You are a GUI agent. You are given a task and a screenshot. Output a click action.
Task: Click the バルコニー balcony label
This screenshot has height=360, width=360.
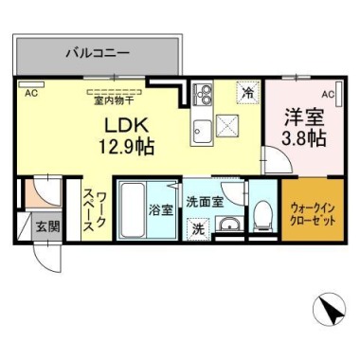click(x=98, y=53)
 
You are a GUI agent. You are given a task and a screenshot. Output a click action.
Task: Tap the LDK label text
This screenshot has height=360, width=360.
click(x=126, y=126)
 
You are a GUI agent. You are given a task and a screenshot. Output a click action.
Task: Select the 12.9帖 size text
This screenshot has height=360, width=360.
click(x=127, y=147)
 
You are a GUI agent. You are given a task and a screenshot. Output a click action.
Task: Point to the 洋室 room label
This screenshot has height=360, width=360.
click(x=304, y=117)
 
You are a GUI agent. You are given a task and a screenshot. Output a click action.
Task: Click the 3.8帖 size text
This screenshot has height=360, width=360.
click(x=304, y=138)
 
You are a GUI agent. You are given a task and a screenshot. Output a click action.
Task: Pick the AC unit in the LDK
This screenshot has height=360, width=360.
click(x=31, y=84)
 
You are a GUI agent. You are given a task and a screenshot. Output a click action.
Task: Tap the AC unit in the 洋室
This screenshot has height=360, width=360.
click(x=339, y=94)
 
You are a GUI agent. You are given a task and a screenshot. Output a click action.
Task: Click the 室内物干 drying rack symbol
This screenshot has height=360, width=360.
click(x=115, y=92)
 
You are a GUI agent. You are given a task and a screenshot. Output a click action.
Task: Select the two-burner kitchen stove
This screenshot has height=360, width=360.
click(x=203, y=94)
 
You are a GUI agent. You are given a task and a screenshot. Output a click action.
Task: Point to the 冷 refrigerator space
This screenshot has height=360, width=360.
click(x=248, y=92)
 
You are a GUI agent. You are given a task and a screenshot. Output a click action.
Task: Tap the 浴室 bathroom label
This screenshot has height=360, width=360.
click(x=161, y=210)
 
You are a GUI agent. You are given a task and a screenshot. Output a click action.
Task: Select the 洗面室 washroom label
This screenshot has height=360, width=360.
click(x=205, y=202)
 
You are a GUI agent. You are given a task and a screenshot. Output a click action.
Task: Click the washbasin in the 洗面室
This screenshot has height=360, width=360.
click(x=229, y=225)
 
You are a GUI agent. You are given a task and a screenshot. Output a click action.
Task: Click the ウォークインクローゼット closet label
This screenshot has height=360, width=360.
click(x=313, y=214)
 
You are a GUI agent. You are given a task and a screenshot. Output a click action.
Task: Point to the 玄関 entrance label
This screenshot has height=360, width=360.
click(x=47, y=226)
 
